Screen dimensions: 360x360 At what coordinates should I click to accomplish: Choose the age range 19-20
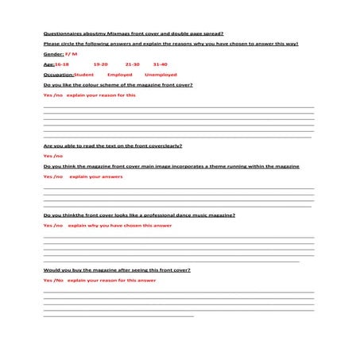click(x=100, y=64)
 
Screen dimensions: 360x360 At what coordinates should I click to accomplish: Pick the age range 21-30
click(x=132, y=64)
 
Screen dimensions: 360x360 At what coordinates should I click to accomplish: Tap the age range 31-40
click(x=160, y=64)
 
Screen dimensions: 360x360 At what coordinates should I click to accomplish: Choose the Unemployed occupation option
click(x=161, y=74)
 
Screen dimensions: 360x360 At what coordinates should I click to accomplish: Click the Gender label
click(x=53, y=53)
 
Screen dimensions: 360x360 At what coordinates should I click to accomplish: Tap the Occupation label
click(x=57, y=74)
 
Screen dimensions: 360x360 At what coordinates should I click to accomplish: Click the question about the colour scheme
click(x=118, y=84)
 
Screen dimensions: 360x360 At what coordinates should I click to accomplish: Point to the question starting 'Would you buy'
click(x=117, y=270)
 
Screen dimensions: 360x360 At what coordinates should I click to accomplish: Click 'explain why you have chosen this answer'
click(x=119, y=226)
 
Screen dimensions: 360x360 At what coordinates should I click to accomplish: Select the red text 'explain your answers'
click(x=95, y=176)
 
